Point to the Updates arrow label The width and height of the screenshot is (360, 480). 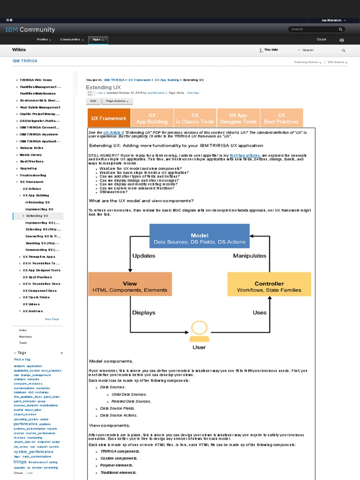pyautogui.click(x=143, y=256)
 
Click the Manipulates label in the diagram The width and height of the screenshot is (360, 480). pyautogui.click(x=250, y=256)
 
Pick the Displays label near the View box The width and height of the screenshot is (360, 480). pyautogui.click(x=144, y=312)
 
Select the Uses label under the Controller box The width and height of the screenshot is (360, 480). pyautogui.click(x=259, y=312)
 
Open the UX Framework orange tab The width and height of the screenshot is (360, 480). pyautogui.click(x=109, y=118)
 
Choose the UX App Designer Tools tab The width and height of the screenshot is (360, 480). pyautogui.click(x=238, y=118)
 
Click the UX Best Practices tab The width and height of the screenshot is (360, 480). pyautogui.click(x=281, y=118)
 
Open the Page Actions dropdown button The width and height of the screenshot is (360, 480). pyautogui.click(x=117, y=101)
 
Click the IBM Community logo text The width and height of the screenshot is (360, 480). pyautogui.click(x=30, y=30)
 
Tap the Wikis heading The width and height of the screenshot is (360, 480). pyautogui.click(x=19, y=49)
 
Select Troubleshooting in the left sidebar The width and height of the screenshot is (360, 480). pyautogui.click(x=33, y=175)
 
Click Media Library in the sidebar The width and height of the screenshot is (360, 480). pyautogui.click(x=31, y=155)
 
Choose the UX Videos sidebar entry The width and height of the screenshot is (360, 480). pyautogui.click(x=31, y=304)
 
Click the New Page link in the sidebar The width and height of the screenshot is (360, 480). pyautogui.click(x=52, y=319)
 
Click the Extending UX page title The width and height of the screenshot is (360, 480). pyautogui.click(x=103, y=87)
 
